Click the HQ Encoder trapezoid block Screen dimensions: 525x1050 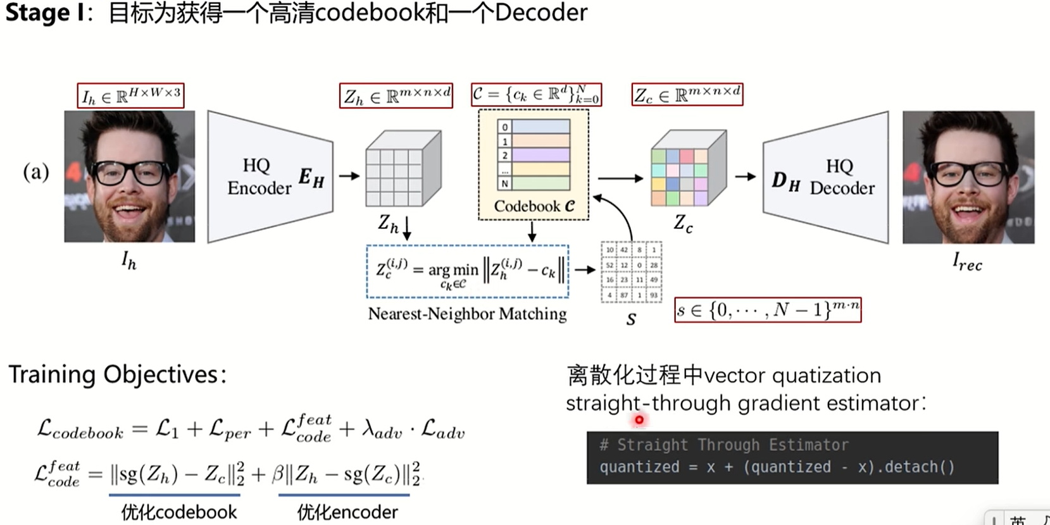click(x=270, y=176)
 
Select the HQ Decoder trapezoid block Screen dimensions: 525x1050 click(x=825, y=177)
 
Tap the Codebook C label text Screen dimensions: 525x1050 click(x=534, y=206)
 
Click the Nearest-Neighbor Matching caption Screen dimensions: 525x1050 click(x=467, y=314)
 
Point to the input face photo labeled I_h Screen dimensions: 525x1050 click(x=130, y=176)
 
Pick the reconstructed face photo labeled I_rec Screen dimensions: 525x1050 click(x=968, y=177)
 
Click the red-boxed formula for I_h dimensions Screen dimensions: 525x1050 click(x=131, y=96)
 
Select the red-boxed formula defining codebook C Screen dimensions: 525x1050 click(x=535, y=95)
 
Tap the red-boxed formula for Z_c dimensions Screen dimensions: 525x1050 click(x=687, y=95)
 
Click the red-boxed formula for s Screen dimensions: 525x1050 click(x=768, y=309)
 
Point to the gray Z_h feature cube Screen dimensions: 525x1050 click(x=403, y=169)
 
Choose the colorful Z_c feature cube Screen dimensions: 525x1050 click(x=688, y=169)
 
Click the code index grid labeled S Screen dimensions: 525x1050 click(x=630, y=272)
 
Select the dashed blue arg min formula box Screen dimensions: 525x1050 click(x=467, y=271)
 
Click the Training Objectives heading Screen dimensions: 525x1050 click(x=117, y=374)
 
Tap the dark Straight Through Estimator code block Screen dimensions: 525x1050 click(x=792, y=457)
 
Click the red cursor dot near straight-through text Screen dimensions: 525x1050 click(x=639, y=419)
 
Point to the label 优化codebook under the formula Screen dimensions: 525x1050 click(x=178, y=512)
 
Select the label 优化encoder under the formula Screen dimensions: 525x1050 click(x=347, y=512)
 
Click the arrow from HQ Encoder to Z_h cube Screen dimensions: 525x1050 click(x=349, y=176)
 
